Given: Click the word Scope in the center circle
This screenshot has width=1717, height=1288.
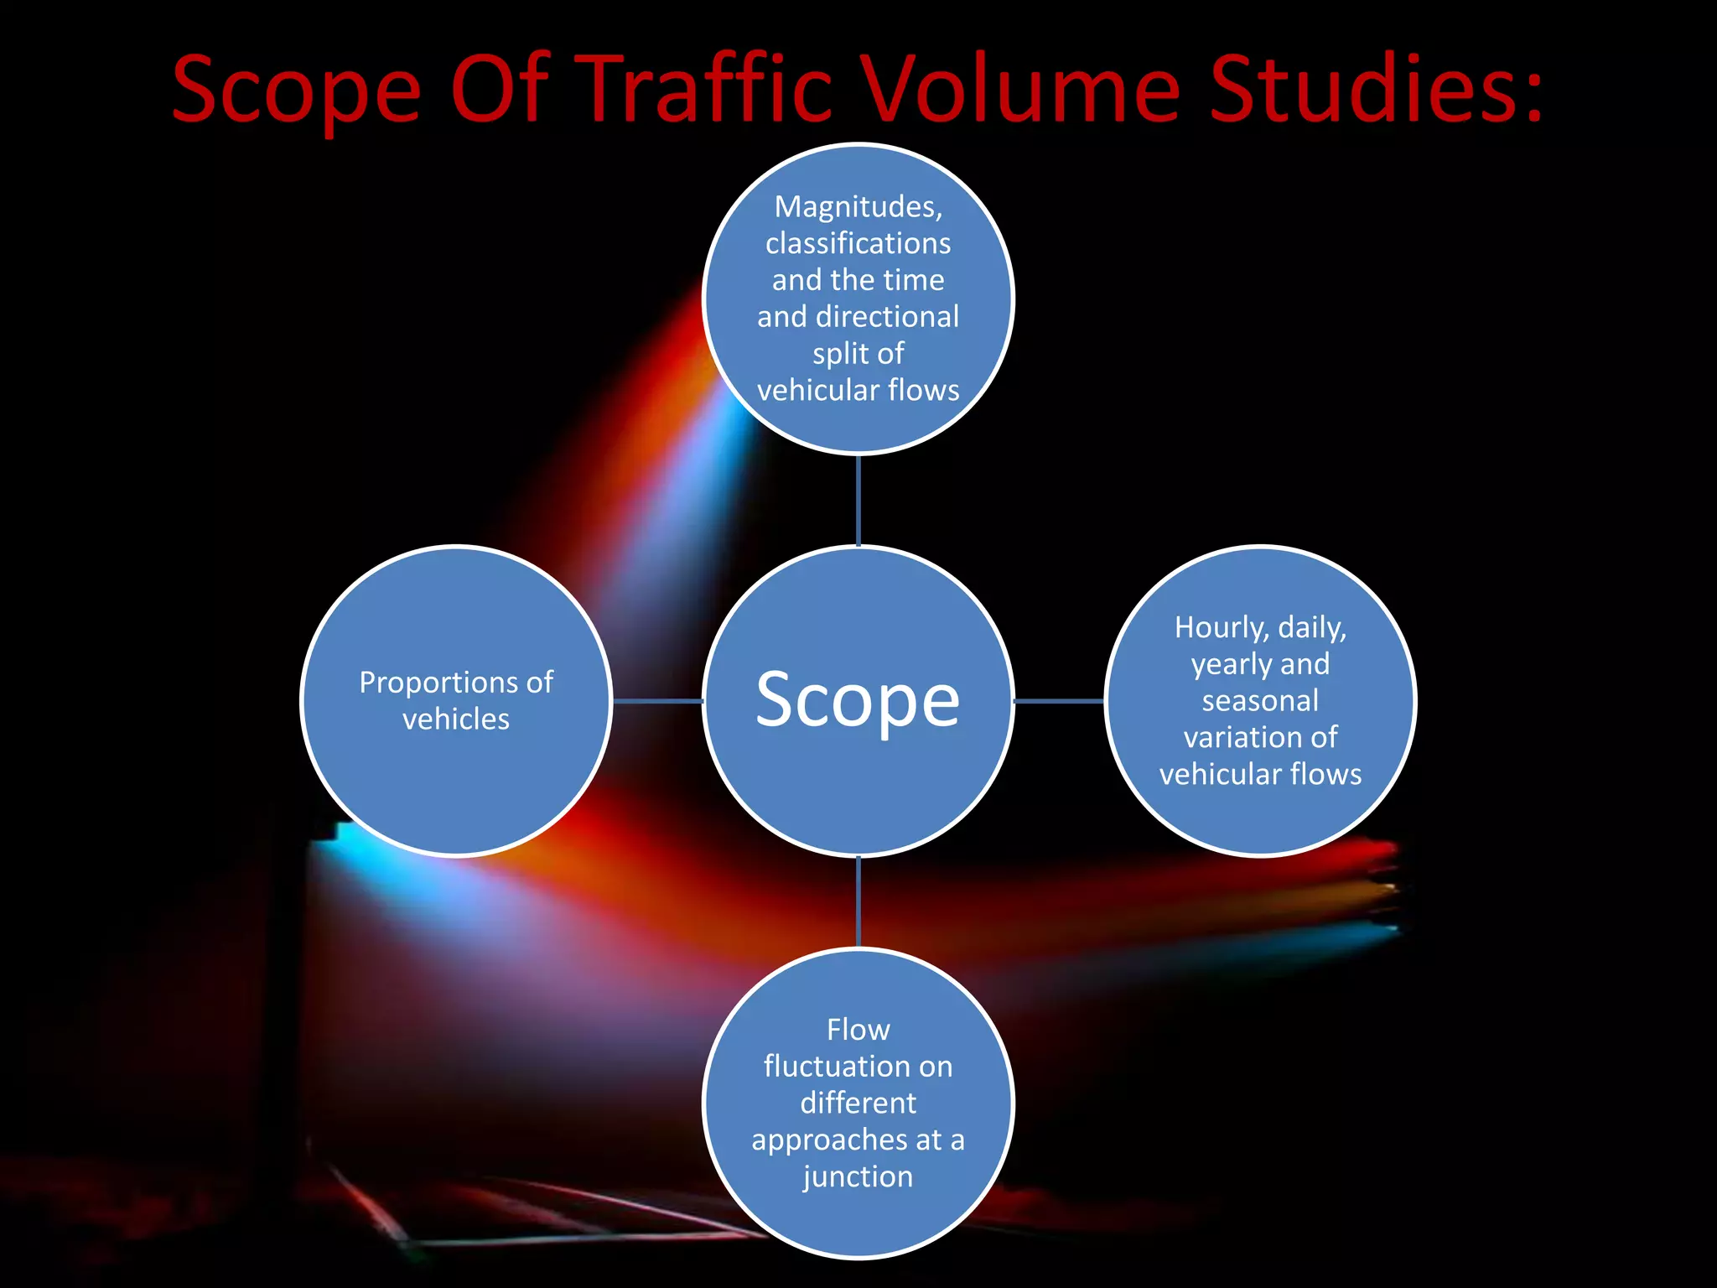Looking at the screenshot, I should tap(858, 701).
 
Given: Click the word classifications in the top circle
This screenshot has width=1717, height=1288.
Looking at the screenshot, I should tap(858, 243).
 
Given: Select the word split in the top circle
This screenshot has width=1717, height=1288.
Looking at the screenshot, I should tap(841, 354).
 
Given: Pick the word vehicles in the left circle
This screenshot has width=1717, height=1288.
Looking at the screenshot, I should tap(456, 719).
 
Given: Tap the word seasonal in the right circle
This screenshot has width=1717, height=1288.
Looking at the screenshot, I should tap(1260, 701).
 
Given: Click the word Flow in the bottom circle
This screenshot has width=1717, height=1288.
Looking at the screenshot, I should tap(858, 1030).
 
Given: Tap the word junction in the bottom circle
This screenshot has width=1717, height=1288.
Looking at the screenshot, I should tap(858, 1177).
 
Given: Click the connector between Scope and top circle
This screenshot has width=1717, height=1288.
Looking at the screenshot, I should tap(858, 501).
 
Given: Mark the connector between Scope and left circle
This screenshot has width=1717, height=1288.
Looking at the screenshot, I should tap(657, 701).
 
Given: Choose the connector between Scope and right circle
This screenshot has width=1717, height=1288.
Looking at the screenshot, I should tap(1060, 701).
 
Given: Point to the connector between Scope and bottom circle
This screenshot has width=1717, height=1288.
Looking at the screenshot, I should tap(858, 902).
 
